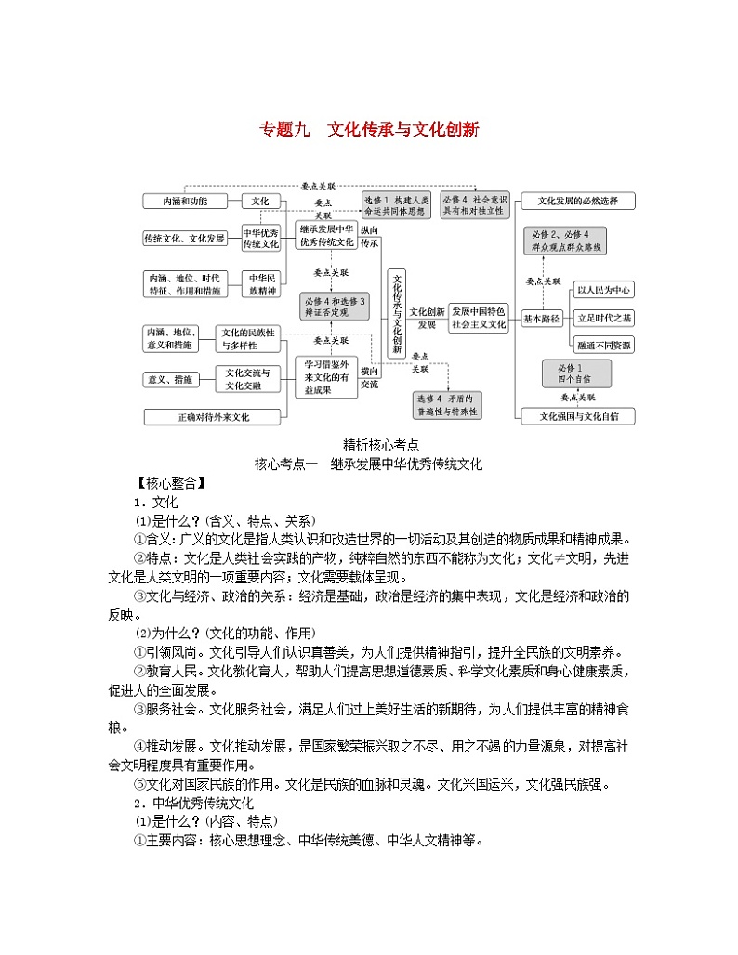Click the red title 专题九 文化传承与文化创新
(368, 130)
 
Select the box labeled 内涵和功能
(185, 201)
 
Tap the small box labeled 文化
(260, 201)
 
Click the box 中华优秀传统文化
(260, 238)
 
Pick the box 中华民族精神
(260, 283)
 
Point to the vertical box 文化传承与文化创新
(396, 314)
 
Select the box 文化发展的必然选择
(577, 201)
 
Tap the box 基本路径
(541, 319)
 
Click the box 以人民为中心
(603, 289)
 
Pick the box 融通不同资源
(603, 345)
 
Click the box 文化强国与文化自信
(577, 415)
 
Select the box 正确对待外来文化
(214, 417)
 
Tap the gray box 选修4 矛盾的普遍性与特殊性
(447, 404)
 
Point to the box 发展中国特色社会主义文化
(479, 318)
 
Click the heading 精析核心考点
(368, 445)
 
